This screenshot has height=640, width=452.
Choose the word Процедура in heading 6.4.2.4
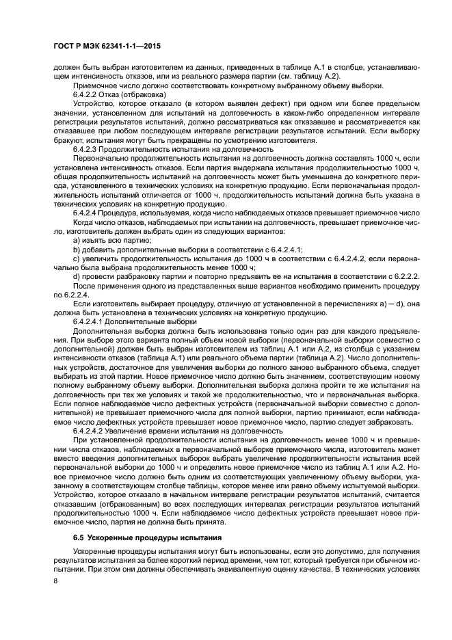(124, 212)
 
